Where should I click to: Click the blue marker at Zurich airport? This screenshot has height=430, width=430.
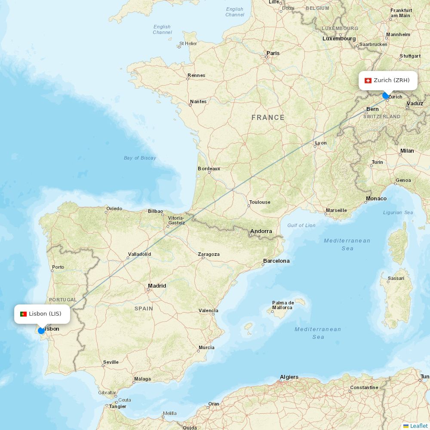click(x=386, y=95)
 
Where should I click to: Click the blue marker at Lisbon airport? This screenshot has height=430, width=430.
click(x=41, y=330)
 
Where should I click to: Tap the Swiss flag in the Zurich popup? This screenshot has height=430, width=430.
click(x=368, y=80)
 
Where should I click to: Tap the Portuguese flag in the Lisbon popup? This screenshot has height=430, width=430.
click(x=23, y=314)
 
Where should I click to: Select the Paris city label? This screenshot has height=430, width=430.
click(x=273, y=53)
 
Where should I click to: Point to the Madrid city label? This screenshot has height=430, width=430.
click(x=157, y=286)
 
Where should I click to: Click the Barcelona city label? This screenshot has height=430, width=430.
click(x=276, y=261)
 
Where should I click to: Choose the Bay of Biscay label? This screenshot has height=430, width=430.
click(x=140, y=158)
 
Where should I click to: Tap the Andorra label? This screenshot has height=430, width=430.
click(x=261, y=231)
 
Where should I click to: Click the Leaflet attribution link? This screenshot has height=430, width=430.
click(x=418, y=426)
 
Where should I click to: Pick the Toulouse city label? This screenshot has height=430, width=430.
click(x=260, y=202)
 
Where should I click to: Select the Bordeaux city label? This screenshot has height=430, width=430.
click(x=209, y=169)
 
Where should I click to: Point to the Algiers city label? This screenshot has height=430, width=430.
click(x=289, y=377)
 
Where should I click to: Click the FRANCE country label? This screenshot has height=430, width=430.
click(x=268, y=117)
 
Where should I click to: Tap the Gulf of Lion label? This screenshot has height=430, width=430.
click(x=301, y=225)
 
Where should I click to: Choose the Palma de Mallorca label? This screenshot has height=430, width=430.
click(x=283, y=305)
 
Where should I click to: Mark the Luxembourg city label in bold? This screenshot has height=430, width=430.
click(x=339, y=38)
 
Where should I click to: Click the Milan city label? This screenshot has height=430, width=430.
click(x=407, y=151)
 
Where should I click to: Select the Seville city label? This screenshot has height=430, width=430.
click(x=111, y=362)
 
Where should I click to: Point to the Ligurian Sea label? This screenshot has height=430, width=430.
click(x=398, y=212)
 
